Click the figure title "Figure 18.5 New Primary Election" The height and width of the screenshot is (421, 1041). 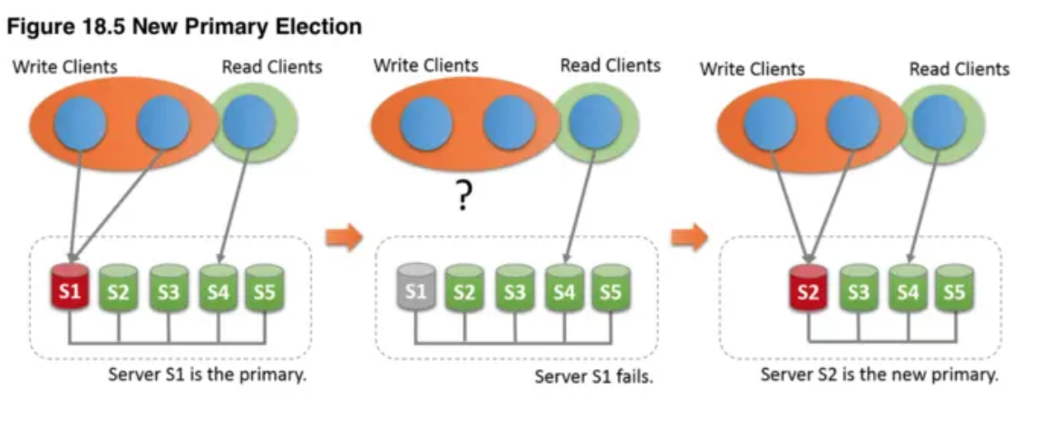click(x=184, y=26)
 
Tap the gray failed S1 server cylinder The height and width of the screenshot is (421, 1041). click(x=415, y=289)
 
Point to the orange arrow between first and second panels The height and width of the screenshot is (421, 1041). click(x=343, y=238)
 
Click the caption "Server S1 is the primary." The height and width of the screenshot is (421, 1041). click(x=208, y=374)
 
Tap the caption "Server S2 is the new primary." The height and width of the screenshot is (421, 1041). click(x=879, y=375)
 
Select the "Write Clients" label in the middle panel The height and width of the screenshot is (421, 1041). click(x=425, y=65)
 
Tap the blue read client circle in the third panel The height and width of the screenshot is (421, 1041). click(x=938, y=122)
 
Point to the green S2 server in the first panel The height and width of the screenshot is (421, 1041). click(x=118, y=289)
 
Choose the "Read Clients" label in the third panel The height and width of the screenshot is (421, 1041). click(x=958, y=69)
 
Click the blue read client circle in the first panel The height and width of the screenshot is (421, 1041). click(x=248, y=122)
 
